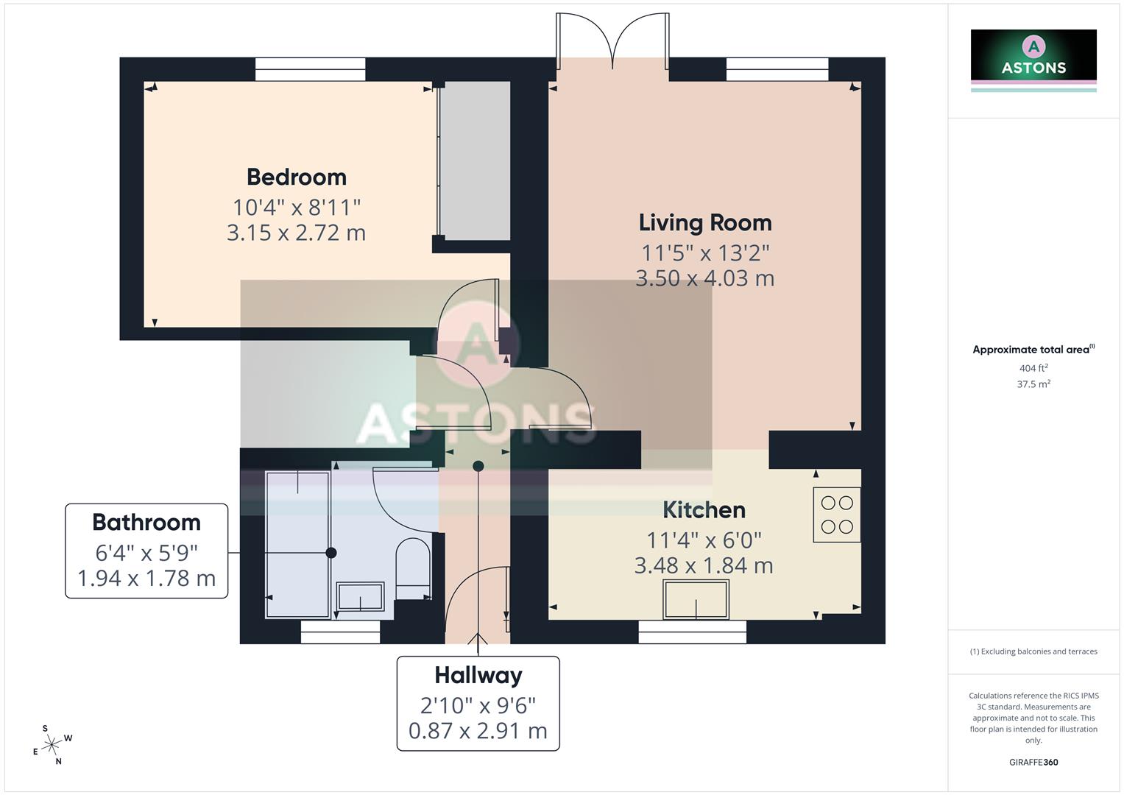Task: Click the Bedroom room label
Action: point(296,177)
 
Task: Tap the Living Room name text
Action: point(704,223)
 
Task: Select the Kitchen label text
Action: point(704,510)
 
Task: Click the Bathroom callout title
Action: point(146,523)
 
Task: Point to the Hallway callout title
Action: point(478,676)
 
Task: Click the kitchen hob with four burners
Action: point(836,515)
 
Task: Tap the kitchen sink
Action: point(696,599)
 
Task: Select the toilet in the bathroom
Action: point(413,567)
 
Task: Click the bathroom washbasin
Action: point(360,596)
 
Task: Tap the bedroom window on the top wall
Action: point(310,70)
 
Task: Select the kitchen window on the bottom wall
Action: point(692,632)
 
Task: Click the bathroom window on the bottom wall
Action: point(340,632)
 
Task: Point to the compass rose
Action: point(52,745)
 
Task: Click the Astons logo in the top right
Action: point(1033,59)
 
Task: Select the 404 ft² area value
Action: point(1033,368)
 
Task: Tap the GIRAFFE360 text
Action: point(1033,762)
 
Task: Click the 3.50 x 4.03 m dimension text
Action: point(704,278)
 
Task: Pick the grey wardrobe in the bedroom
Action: point(475,160)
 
